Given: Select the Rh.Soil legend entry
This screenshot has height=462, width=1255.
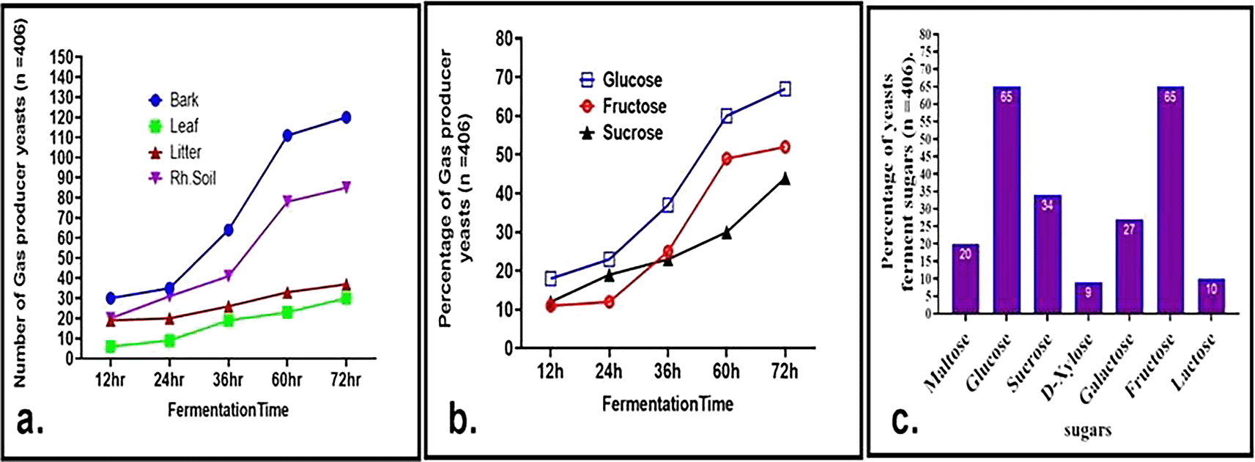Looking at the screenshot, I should pyautogui.click(x=183, y=178).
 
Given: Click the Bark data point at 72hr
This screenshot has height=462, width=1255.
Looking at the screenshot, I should pyautogui.click(x=346, y=117).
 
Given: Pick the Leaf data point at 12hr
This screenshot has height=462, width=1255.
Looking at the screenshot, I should pyautogui.click(x=111, y=346).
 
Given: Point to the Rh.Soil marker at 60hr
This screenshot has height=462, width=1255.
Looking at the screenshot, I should pyautogui.click(x=287, y=201).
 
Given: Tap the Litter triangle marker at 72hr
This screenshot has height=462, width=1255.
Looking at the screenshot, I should pyautogui.click(x=346, y=285).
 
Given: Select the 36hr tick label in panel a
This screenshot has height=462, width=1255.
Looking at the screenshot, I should pyautogui.click(x=228, y=380).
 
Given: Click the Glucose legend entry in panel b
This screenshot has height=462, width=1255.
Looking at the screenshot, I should pyautogui.click(x=622, y=80).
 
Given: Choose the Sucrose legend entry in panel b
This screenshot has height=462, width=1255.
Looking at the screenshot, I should pyautogui.click(x=622, y=133).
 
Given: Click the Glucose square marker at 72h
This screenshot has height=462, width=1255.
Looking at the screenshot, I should pyautogui.click(x=785, y=89).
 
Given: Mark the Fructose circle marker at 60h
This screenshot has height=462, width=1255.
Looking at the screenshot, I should pyautogui.click(x=726, y=158).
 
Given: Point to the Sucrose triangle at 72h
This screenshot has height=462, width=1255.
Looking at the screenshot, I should pyautogui.click(x=785, y=178).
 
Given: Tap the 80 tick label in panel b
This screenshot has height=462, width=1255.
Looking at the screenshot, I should pyautogui.click(x=503, y=38).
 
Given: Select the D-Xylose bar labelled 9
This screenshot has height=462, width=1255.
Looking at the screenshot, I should pyautogui.click(x=1088, y=298).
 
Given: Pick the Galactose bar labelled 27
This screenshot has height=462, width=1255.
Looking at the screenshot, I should pyautogui.click(x=1129, y=267).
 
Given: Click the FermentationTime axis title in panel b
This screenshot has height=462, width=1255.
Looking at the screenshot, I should pyautogui.click(x=667, y=404).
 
